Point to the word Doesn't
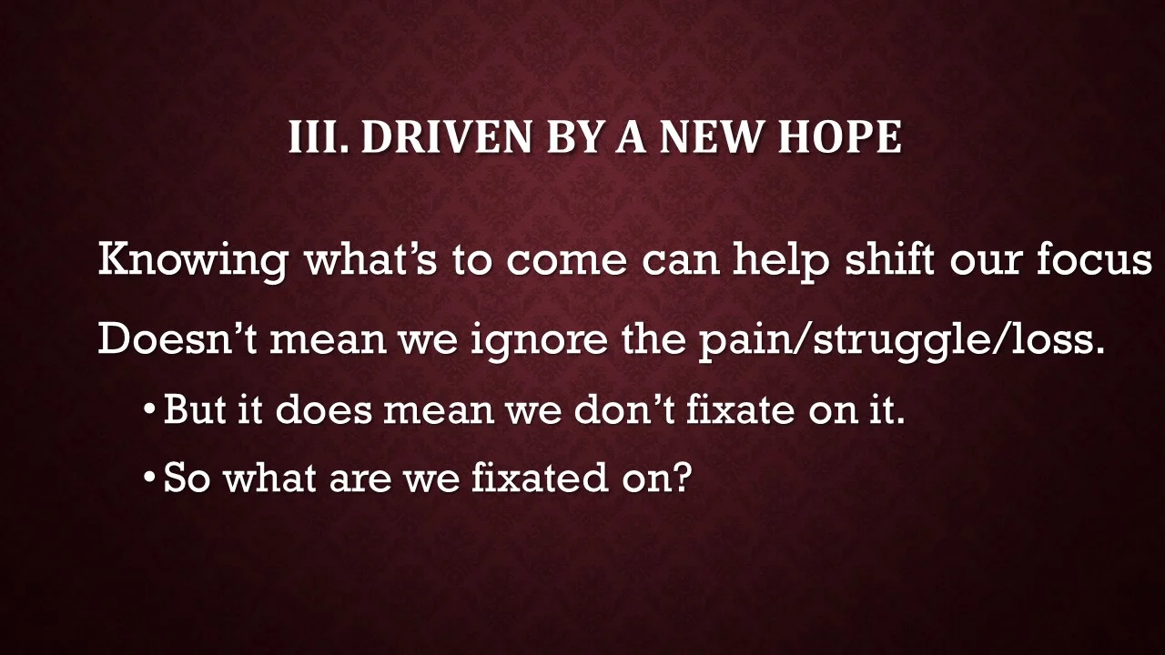tap(177, 338)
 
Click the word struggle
tap(886, 340)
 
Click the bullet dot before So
tap(150, 479)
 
